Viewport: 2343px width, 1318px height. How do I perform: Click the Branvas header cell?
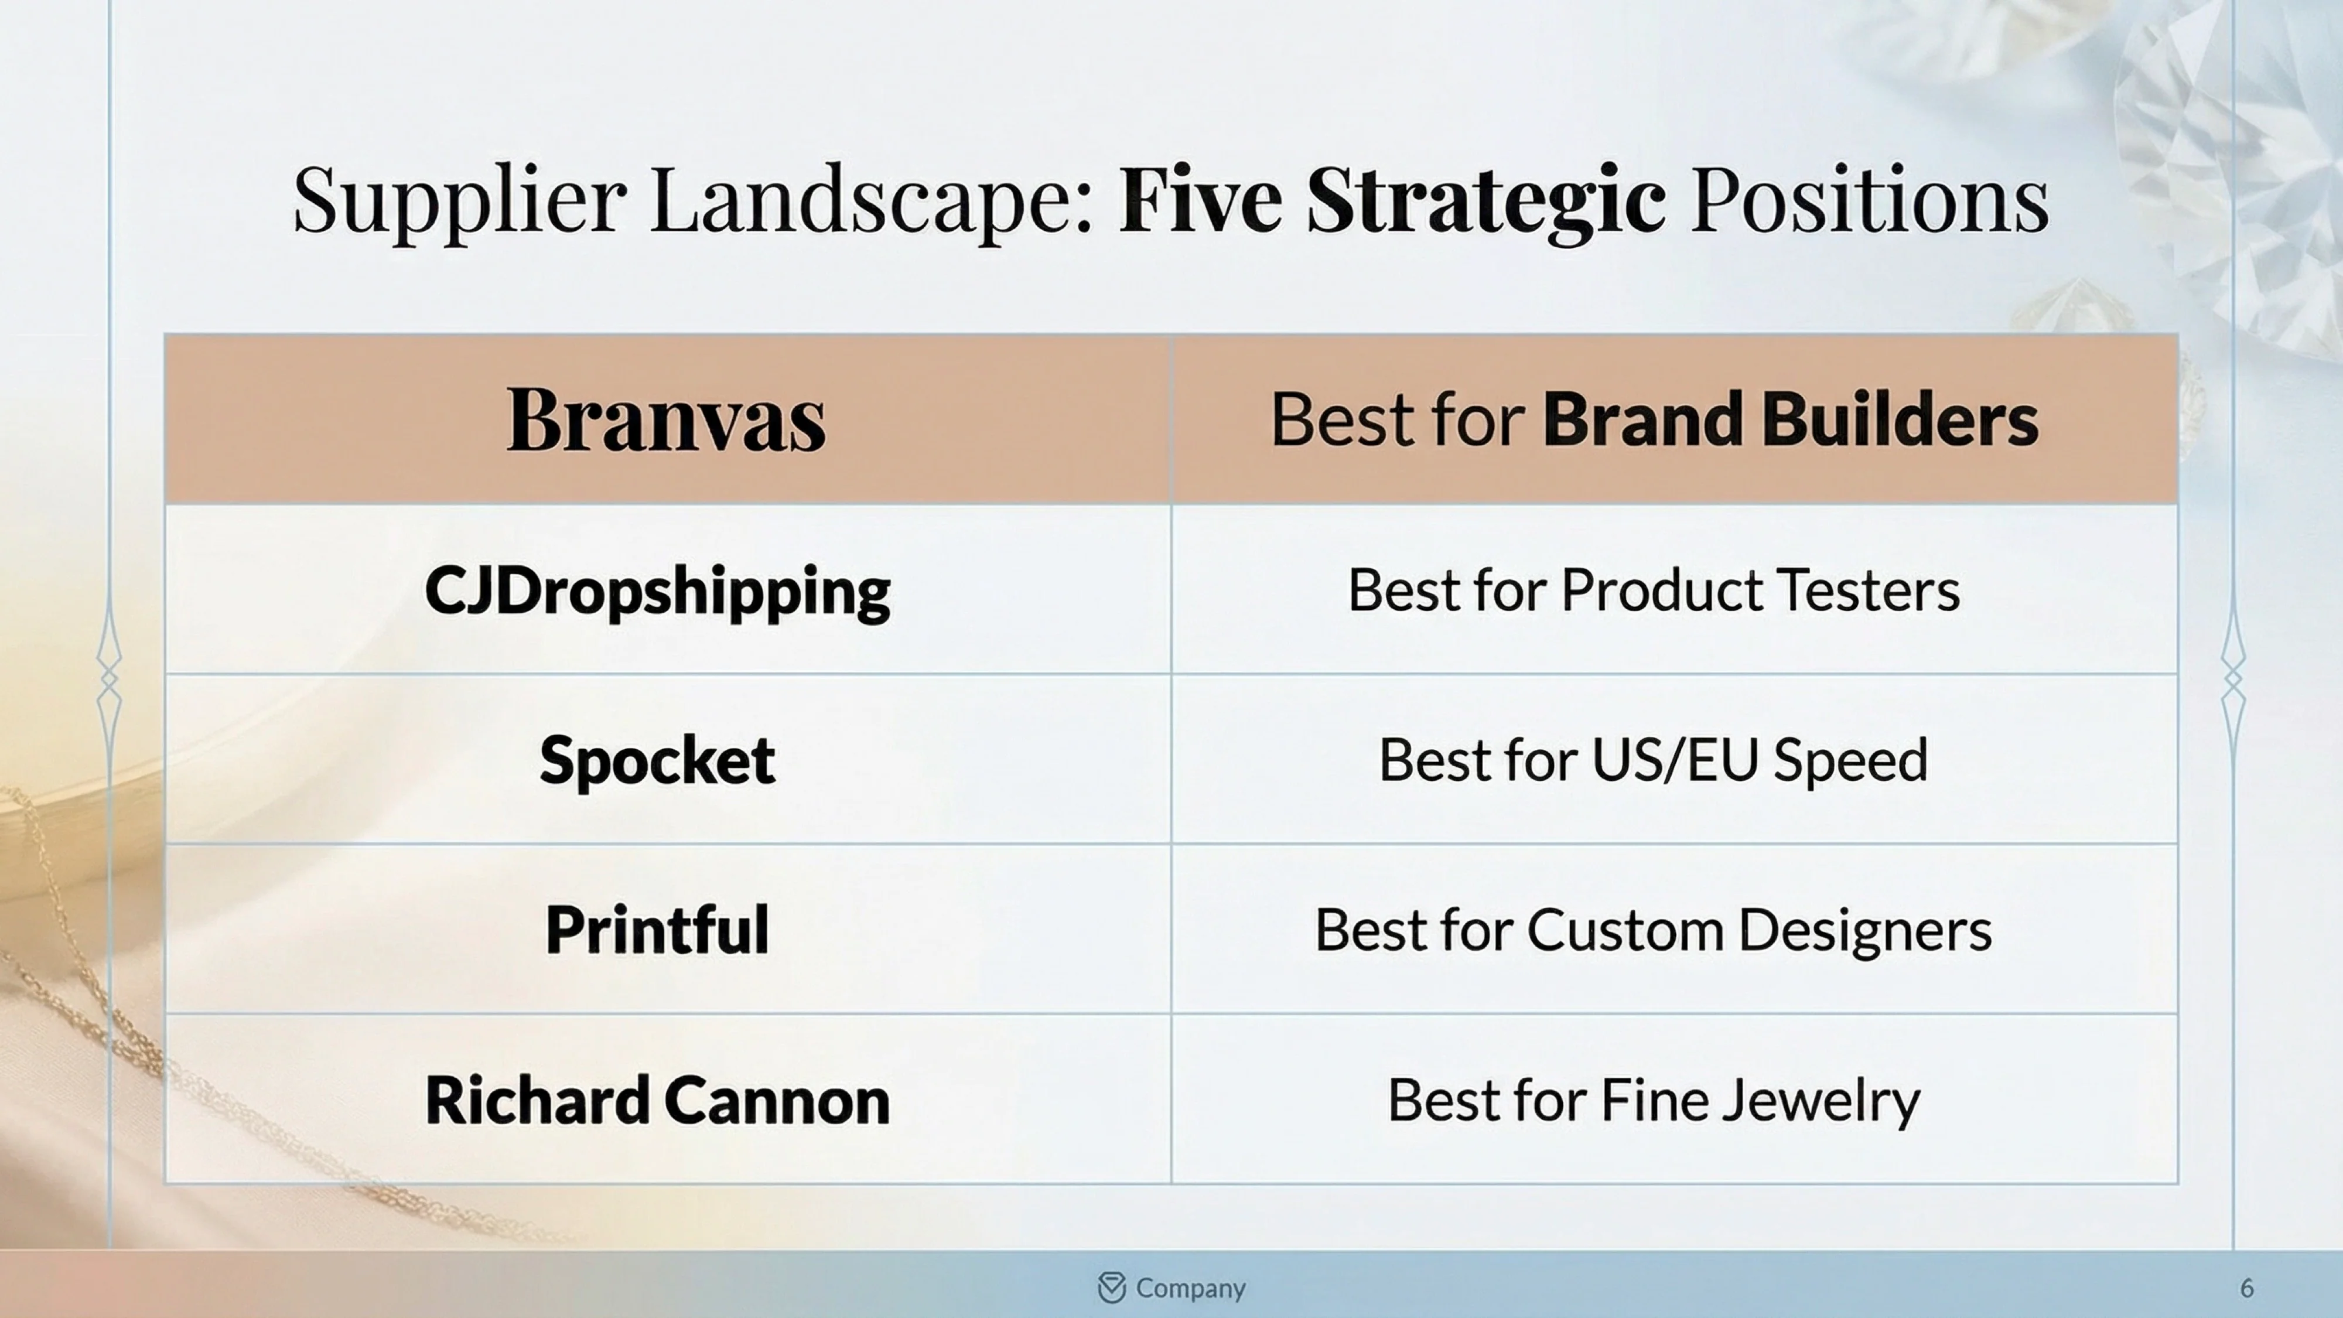pos(666,419)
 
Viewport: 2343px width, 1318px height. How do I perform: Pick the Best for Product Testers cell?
pos(1654,590)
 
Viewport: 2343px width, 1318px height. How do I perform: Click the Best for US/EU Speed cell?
pos(1654,760)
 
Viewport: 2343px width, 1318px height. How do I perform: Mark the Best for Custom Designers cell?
pos(1654,930)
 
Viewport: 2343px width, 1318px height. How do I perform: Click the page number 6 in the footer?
pos(2246,1288)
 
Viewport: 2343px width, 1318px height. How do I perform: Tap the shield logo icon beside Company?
pos(1112,1288)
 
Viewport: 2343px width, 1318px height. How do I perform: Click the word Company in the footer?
pos(1191,1288)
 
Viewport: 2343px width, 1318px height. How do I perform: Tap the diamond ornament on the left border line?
pos(109,678)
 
